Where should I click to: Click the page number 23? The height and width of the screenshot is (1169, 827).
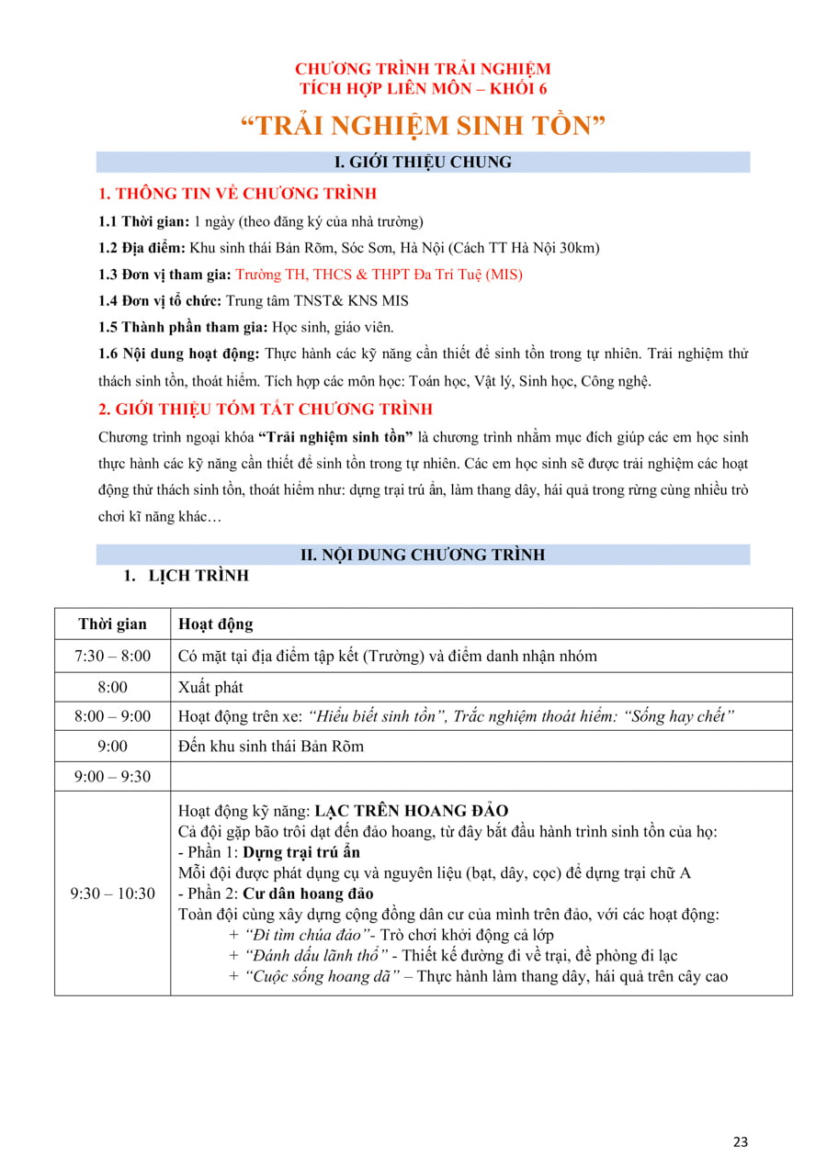[741, 1141]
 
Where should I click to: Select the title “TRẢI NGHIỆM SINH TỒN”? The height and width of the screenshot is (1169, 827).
[423, 125]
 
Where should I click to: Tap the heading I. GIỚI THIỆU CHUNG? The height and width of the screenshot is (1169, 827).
[423, 163]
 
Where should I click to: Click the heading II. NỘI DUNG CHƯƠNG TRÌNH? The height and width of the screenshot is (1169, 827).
[423, 555]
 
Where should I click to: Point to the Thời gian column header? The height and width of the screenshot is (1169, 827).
[112, 624]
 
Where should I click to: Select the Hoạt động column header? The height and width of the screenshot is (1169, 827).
[215, 624]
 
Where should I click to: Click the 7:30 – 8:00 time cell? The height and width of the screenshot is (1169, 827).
[112, 656]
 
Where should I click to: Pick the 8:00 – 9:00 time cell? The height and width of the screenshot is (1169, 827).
[112, 716]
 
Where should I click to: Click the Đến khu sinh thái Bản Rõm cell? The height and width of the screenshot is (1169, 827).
[271, 746]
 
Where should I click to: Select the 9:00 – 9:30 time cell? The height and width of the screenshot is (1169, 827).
[112, 776]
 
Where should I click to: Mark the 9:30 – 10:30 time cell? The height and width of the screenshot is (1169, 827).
[112, 893]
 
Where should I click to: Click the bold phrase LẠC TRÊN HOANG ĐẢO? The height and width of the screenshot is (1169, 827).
[411, 811]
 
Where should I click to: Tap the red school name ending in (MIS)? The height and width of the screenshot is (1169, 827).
[379, 275]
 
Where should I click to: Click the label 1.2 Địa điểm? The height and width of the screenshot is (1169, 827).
[142, 248]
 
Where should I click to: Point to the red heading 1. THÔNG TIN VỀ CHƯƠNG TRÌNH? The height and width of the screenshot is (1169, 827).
[237, 194]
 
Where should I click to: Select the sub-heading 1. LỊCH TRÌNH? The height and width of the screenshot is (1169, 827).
[186, 577]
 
